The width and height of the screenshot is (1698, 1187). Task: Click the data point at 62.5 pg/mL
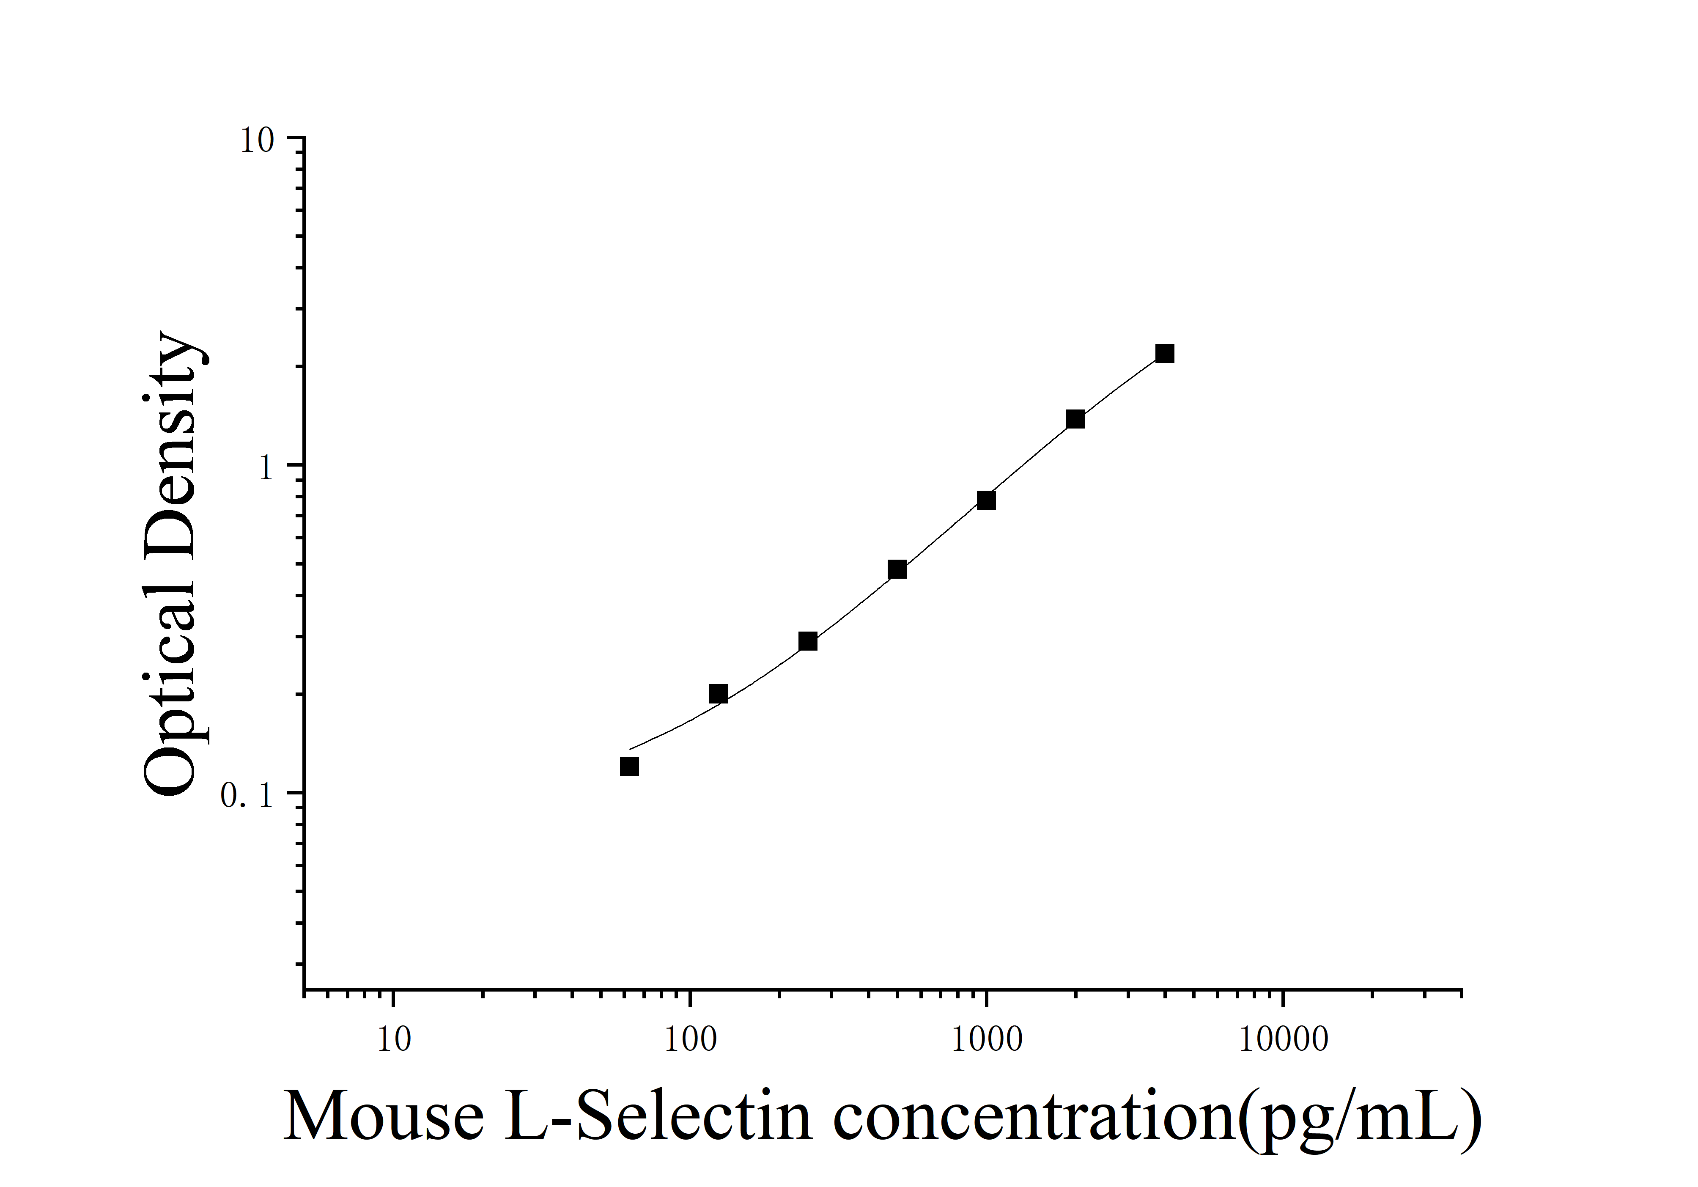(629, 767)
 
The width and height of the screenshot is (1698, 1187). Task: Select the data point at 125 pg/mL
(718, 694)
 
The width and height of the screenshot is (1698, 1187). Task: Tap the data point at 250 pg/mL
(808, 641)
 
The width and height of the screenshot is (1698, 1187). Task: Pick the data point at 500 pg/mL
(897, 569)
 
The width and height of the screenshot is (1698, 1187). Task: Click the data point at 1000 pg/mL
(986, 501)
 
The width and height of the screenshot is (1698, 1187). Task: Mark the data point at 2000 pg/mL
(1075, 419)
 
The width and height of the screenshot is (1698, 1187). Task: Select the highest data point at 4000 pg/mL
(1165, 354)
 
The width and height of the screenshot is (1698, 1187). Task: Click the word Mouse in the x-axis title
(384, 1118)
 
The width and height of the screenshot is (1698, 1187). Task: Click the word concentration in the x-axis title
(1034, 1118)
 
